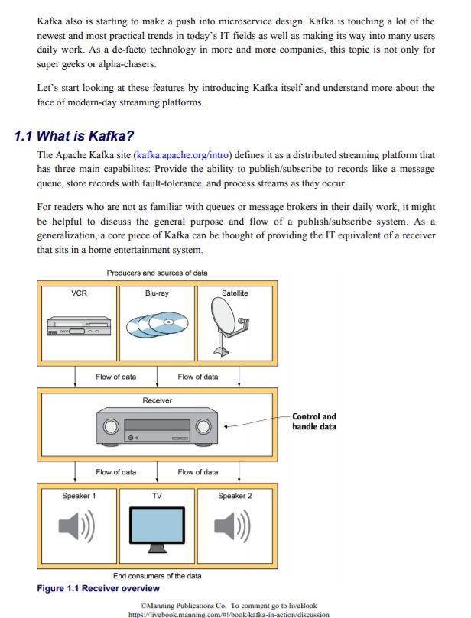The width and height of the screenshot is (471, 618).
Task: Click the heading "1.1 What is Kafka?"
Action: (75, 137)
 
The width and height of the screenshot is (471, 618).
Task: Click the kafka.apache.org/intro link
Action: (184, 155)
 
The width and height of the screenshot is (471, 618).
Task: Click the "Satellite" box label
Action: (235, 293)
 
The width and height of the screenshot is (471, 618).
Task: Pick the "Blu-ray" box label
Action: (157, 293)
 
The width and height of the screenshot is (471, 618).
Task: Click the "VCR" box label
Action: (79, 293)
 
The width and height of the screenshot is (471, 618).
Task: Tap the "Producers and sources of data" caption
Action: (157, 273)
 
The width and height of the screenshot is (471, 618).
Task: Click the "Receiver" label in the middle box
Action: (158, 400)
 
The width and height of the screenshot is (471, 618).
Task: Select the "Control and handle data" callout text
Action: (313, 422)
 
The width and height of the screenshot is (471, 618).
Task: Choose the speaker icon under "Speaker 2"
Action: (232, 527)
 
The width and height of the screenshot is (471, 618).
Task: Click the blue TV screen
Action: (157, 526)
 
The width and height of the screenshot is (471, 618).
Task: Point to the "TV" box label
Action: (157, 496)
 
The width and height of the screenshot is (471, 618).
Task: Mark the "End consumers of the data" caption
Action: (158, 575)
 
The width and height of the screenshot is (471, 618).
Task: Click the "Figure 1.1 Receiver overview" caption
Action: (98, 588)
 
